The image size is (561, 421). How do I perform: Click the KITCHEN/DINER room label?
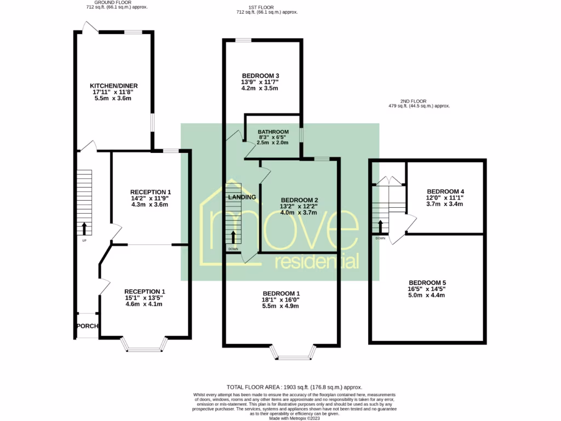point(114,86)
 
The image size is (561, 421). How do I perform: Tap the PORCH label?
point(87,326)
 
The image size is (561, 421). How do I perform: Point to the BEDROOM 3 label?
point(260,76)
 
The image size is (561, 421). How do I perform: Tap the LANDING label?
point(241,197)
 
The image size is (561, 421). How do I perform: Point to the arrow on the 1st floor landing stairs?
point(234,237)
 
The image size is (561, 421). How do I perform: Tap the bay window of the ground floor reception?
point(144,345)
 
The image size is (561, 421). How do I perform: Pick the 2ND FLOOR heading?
point(413,101)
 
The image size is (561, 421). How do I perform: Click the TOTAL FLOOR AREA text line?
point(294,387)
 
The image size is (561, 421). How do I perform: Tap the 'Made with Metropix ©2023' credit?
point(294,418)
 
